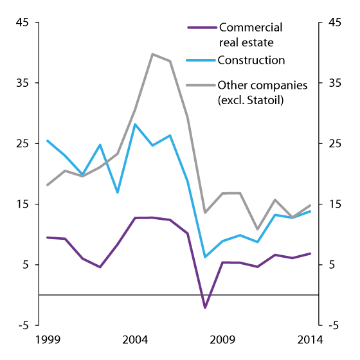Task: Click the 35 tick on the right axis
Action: point(335,83)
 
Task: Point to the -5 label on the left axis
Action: point(23,325)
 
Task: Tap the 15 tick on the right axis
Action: point(335,204)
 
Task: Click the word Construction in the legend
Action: point(251,61)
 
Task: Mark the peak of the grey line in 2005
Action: point(152,54)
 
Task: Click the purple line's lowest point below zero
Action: point(205,308)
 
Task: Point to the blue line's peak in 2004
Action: point(135,123)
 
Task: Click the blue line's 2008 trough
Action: point(205,257)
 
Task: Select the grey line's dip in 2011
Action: point(258,230)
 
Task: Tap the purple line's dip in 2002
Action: point(100,267)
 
